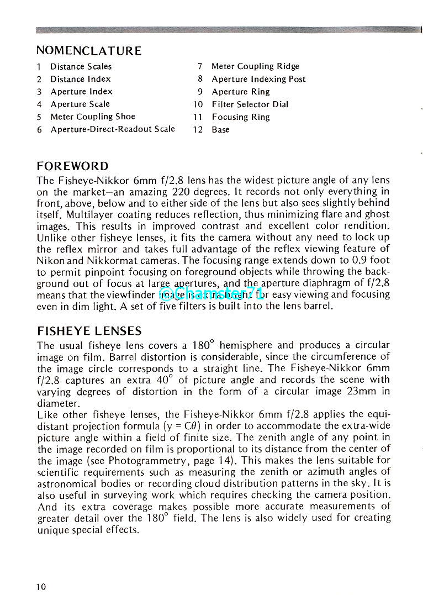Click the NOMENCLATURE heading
[x=89, y=51]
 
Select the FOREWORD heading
[x=72, y=166]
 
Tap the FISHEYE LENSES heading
[x=89, y=331]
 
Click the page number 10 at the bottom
[x=42, y=587]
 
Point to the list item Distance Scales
[x=81, y=67]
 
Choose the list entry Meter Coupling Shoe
[x=93, y=117]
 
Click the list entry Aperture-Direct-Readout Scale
[x=113, y=129]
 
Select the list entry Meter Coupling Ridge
[x=255, y=66]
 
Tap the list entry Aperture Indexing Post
[x=258, y=79]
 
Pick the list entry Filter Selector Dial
[x=250, y=104]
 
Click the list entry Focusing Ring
[x=241, y=117]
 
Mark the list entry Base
[x=220, y=130]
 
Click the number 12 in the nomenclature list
[x=198, y=130]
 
